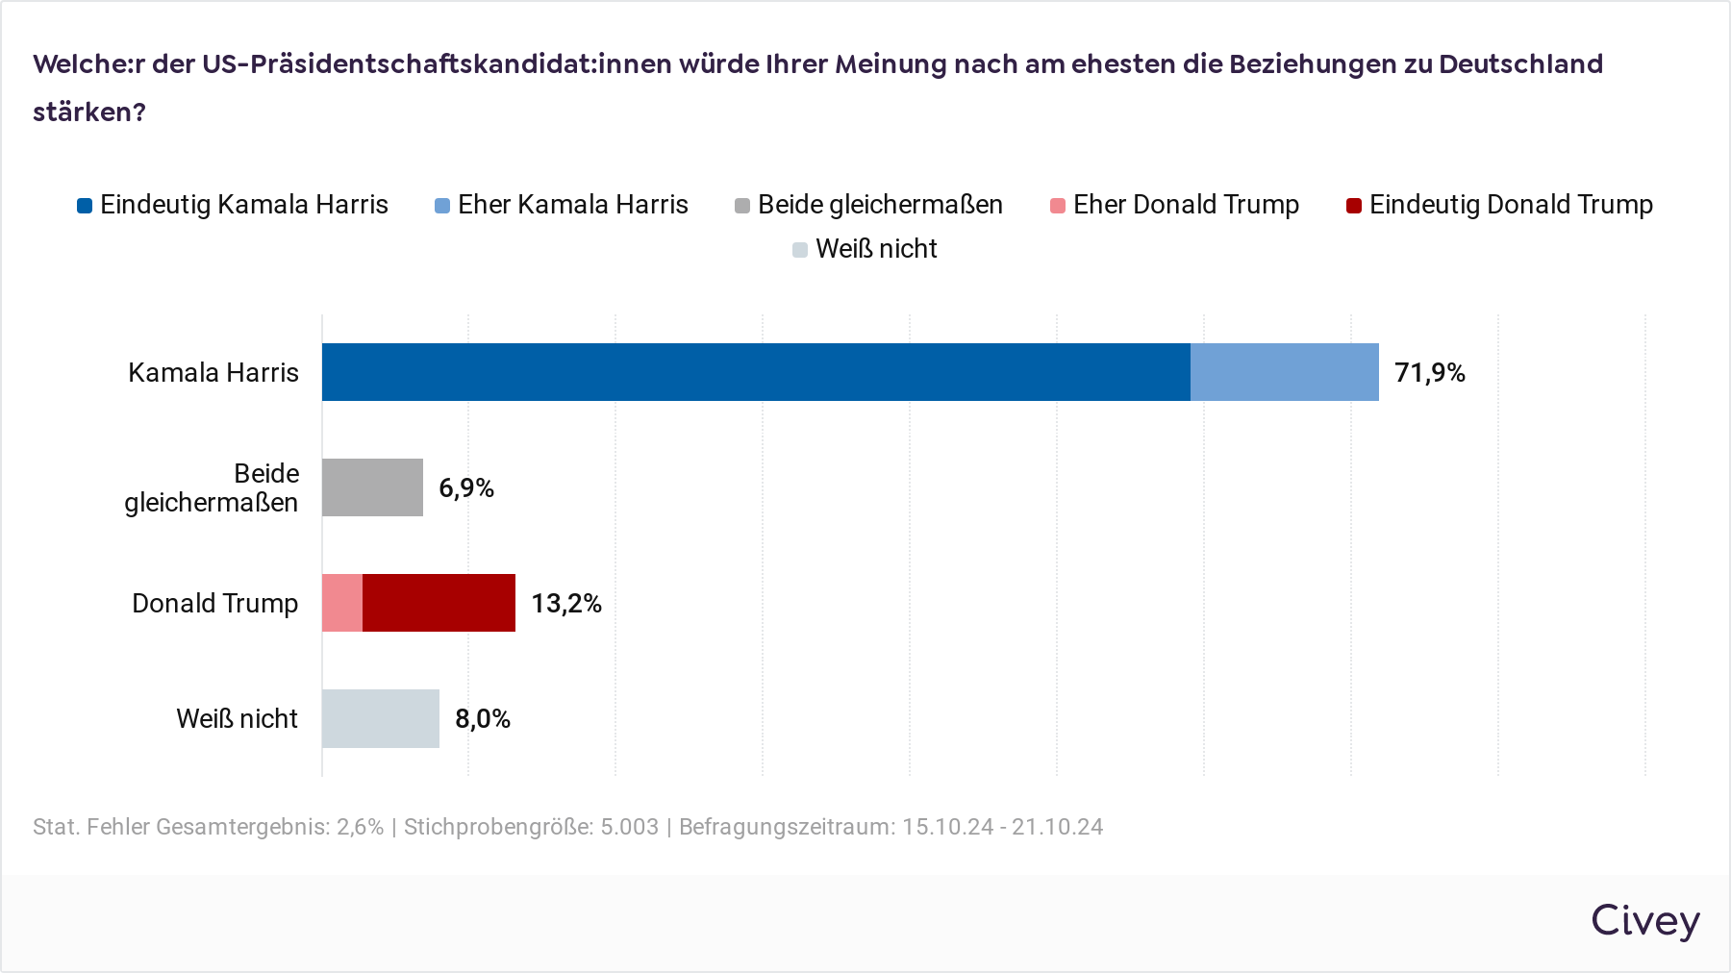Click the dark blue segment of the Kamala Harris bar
click(756, 372)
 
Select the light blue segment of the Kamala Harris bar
click(1284, 372)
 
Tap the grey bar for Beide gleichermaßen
click(372, 487)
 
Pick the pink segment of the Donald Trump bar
click(342, 603)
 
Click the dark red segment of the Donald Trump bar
click(439, 603)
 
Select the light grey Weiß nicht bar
click(380, 718)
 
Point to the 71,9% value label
click(1430, 373)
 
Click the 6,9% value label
click(466, 488)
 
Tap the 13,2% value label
click(566, 604)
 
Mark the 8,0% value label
click(483, 719)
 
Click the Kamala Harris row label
click(213, 373)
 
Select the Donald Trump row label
click(214, 604)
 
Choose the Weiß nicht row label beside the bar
click(237, 719)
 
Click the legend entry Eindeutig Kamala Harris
click(234, 205)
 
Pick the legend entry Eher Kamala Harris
click(563, 205)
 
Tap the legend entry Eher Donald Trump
click(1175, 205)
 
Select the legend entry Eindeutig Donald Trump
click(1500, 205)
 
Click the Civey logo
click(1644, 921)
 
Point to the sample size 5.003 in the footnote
click(630, 827)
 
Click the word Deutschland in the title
click(1520, 64)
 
